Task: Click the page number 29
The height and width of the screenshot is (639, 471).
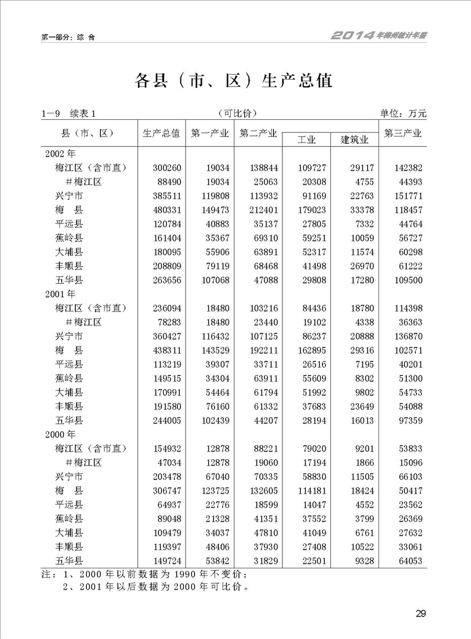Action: [x=421, y=613]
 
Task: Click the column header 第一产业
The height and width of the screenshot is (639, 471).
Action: [x=209, y=133]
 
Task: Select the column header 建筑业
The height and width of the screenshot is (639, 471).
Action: [x=355, y=140]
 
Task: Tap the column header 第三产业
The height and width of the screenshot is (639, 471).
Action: [x=403, y=133]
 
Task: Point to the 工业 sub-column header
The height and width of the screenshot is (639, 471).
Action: [x=306, y=140]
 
